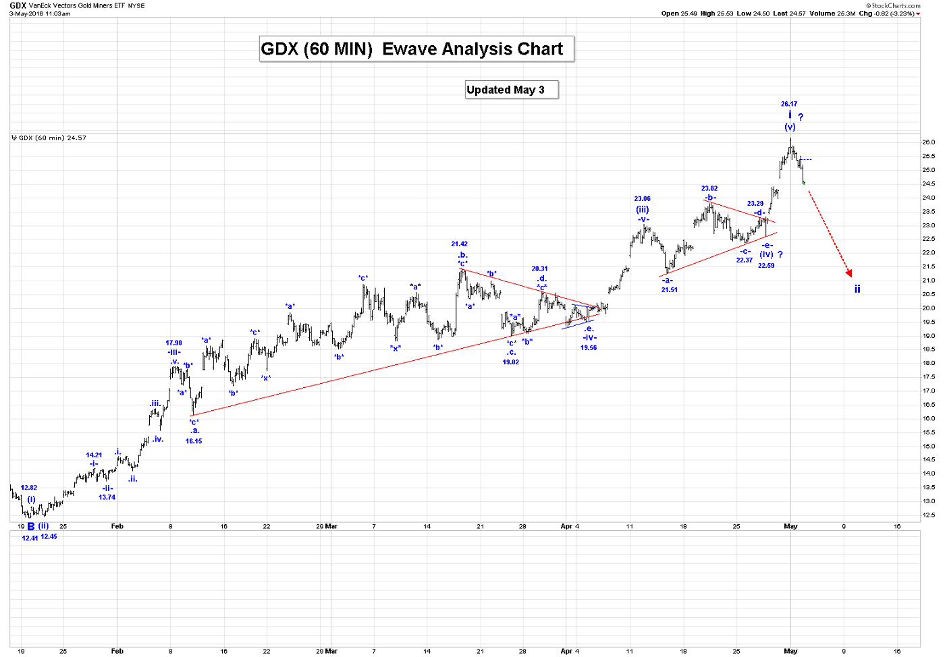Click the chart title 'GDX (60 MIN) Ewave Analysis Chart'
point(412,49)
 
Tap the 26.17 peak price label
point(789,104)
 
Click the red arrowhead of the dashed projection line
point(849,273)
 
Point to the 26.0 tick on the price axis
point(929,142)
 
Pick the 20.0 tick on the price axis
point(929,308)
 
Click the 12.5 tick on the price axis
point(929,515)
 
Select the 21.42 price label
point(460,244)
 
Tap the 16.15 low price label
point(194,441)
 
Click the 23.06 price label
point(642,199)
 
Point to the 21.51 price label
point(670,290)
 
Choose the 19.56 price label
point(589,348)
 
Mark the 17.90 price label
point(174,343)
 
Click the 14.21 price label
point(94,455)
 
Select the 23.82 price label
point(709,189)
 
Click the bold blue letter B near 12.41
point(31,526)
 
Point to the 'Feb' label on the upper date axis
point(117,526)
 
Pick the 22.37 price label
point(745,260)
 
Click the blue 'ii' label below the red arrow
point(857,289)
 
